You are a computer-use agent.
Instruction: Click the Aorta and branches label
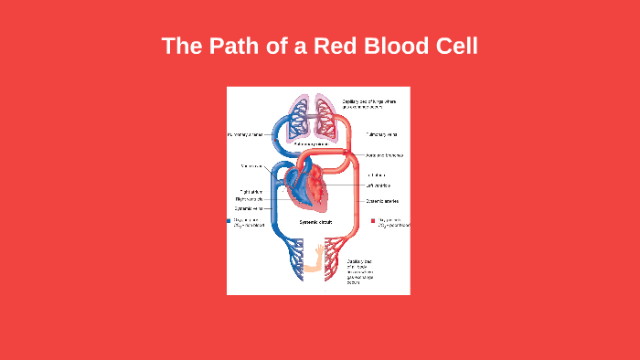point(384,155)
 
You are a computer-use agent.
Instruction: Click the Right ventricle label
point(248,200)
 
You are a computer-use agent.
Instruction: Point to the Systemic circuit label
point(316,222)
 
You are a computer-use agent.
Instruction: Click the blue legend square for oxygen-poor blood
point(229,221)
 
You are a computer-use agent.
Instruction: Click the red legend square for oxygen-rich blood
point(373,221)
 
